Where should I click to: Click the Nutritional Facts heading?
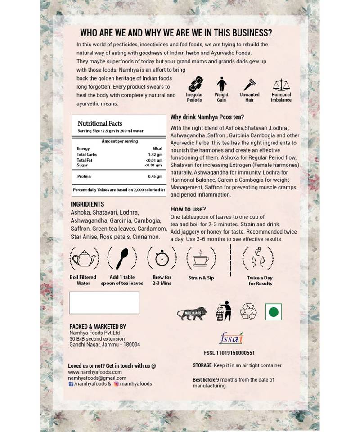[100, 123]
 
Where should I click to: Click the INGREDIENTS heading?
[87, 204]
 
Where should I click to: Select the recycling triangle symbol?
[247, 311]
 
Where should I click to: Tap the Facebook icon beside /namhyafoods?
[71, 384]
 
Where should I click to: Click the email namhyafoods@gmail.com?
[97, 378]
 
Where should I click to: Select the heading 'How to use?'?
[188, 209]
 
